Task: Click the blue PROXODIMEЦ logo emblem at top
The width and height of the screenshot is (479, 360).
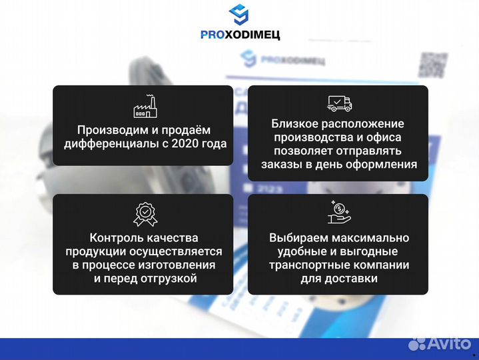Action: tap(239, 15)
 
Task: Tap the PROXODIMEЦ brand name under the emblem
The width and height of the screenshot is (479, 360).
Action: tap(239, 35)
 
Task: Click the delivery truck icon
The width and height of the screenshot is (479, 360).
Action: tap(339, 103)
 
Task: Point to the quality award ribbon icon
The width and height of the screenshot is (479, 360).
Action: tap(143, 213)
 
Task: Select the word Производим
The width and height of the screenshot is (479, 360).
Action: tap(109, 129)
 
